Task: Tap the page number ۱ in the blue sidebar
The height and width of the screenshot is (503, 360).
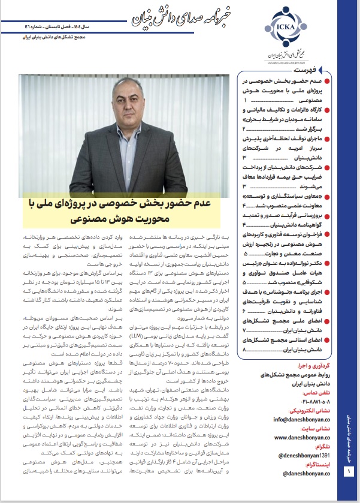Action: pos(349,489)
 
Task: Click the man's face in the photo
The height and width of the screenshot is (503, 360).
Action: pos(120,104)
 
